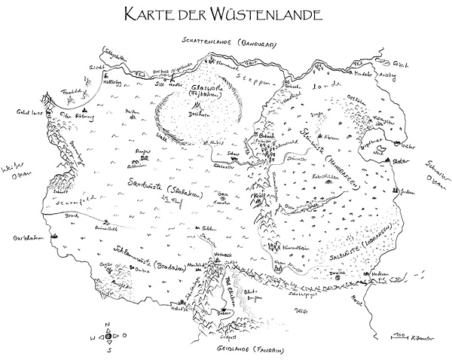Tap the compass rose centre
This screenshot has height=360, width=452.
click(x=108, y=337)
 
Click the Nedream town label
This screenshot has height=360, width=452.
click(x=379, y=274)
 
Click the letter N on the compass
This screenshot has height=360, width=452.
click(x=108, y=324)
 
